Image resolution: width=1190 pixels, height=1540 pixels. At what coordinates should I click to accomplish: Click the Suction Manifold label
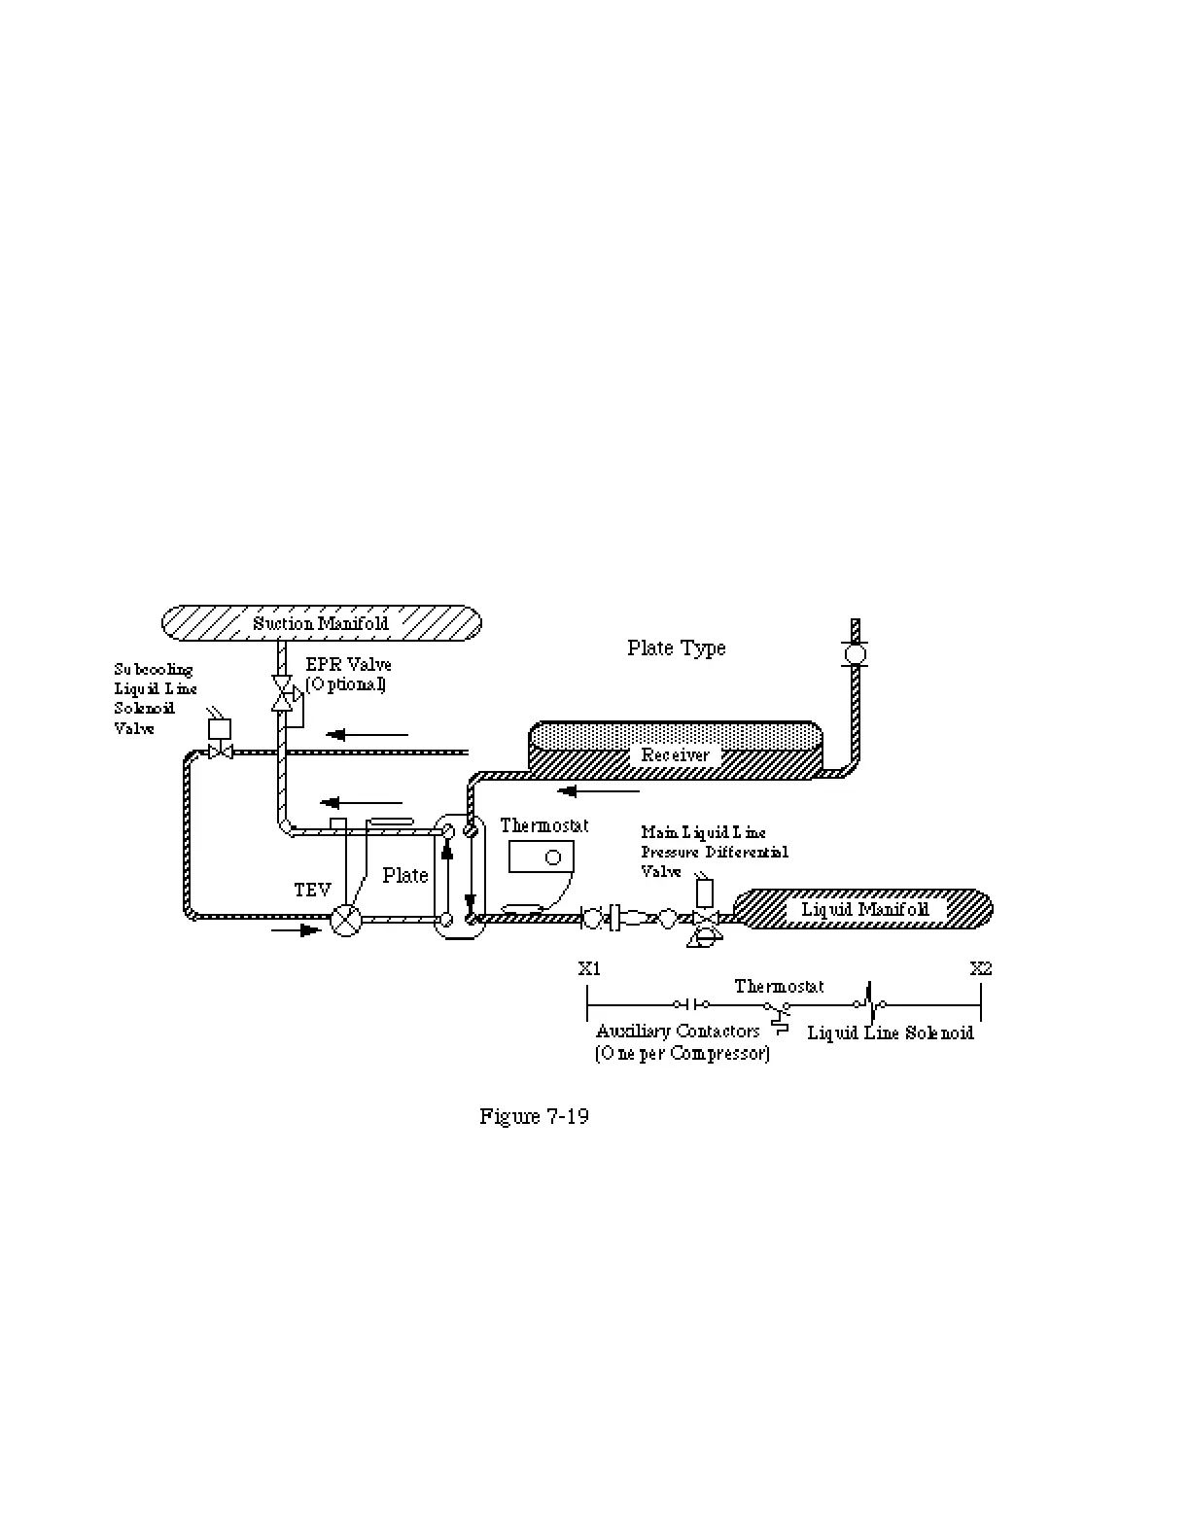(320, 623)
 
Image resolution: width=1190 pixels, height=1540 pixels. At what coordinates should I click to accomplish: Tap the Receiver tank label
(675, 754)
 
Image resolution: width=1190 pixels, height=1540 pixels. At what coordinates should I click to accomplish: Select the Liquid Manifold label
(864, 910)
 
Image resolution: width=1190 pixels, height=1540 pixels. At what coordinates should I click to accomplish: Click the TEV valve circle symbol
(345, 919)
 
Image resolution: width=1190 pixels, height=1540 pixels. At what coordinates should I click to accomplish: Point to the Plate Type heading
(676, 647)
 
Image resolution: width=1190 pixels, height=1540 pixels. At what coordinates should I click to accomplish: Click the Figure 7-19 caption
(534, 1115)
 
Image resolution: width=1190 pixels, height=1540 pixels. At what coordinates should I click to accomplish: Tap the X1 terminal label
(589, 968)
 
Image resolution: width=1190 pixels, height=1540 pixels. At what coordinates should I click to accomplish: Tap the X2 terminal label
(981, 968)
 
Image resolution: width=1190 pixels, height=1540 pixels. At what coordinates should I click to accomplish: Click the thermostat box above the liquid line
(541, 857)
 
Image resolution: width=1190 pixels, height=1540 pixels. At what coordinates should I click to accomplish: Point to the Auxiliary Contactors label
(678, 1031)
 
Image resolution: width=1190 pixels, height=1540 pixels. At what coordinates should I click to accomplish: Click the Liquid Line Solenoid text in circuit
(890, 1032)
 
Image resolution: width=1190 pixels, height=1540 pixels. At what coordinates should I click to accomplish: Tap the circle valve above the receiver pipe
(855, 652)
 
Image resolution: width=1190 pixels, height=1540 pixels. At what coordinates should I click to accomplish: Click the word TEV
(312, 890)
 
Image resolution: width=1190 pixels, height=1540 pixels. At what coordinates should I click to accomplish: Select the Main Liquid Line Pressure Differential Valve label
(714, 852)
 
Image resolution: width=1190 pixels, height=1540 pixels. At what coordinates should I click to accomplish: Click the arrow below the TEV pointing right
(296, 930)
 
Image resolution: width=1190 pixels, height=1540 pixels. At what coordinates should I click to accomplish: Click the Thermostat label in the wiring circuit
(779, 986)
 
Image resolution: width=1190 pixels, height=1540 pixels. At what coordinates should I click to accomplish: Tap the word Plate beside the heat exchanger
(404, 875)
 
